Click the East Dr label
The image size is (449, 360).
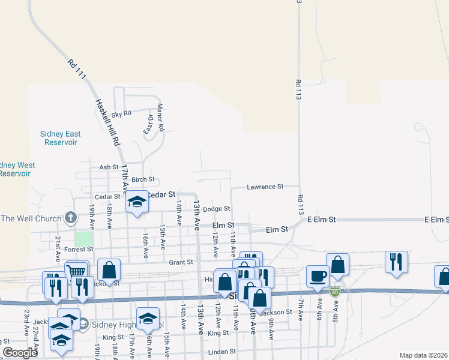[x=146, y=125]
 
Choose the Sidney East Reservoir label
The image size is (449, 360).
[x=61, y=138]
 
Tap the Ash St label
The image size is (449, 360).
[x=109, y=167]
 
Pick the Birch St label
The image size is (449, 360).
[x=143, y=179]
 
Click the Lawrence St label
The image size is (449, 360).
[x=265, y=187]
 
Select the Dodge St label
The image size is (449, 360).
[x=216, y=209]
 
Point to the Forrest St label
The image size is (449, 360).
[x=75, y=250]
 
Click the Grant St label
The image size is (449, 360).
[x=180, y=262]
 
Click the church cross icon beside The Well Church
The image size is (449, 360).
[x=71, y=217]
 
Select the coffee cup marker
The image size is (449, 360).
[x=318, y=276]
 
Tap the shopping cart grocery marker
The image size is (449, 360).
[x=77, y=272]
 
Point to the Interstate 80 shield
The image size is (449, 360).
[x=335, y=292]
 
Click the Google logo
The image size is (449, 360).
[x=20, y=353]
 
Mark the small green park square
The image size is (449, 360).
[x=84, y=238]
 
